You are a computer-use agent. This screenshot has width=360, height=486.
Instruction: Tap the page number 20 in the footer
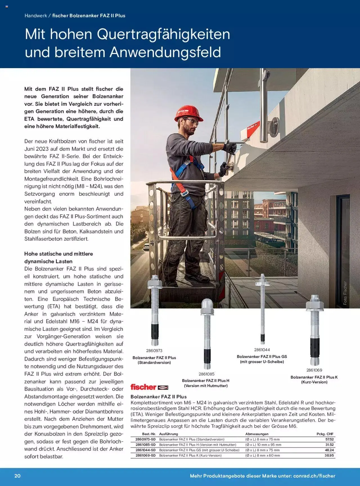(x=17, y=476)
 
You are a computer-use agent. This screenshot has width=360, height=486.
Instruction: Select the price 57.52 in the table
(x=329, y=439)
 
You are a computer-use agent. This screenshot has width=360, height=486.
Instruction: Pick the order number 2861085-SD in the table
(x=145, y=445)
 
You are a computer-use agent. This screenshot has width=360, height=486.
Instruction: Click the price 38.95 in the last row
(x=329, y=455)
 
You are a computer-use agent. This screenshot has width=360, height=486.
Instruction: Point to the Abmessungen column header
(x=257, y=434)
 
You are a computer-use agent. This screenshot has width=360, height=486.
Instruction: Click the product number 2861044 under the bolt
(x=262, y=350)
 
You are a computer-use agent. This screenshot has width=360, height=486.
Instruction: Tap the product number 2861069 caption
(x=314, y=370)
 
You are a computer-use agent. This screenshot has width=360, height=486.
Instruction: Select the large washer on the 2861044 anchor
(x=262, y=283)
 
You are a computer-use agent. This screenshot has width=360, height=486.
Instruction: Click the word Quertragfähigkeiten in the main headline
(x=163, y=34)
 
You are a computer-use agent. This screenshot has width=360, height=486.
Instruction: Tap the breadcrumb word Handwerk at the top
(x=36, y=16)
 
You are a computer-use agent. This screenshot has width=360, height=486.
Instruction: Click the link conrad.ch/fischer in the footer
(x=314, y=476)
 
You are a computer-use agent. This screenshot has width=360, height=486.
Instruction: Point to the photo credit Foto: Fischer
(x=345, y=293)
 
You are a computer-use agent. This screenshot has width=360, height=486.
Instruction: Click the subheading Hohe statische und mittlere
(x=58, y=254)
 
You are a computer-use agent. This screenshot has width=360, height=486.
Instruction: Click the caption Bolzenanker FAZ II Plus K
(x=314, y=377)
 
